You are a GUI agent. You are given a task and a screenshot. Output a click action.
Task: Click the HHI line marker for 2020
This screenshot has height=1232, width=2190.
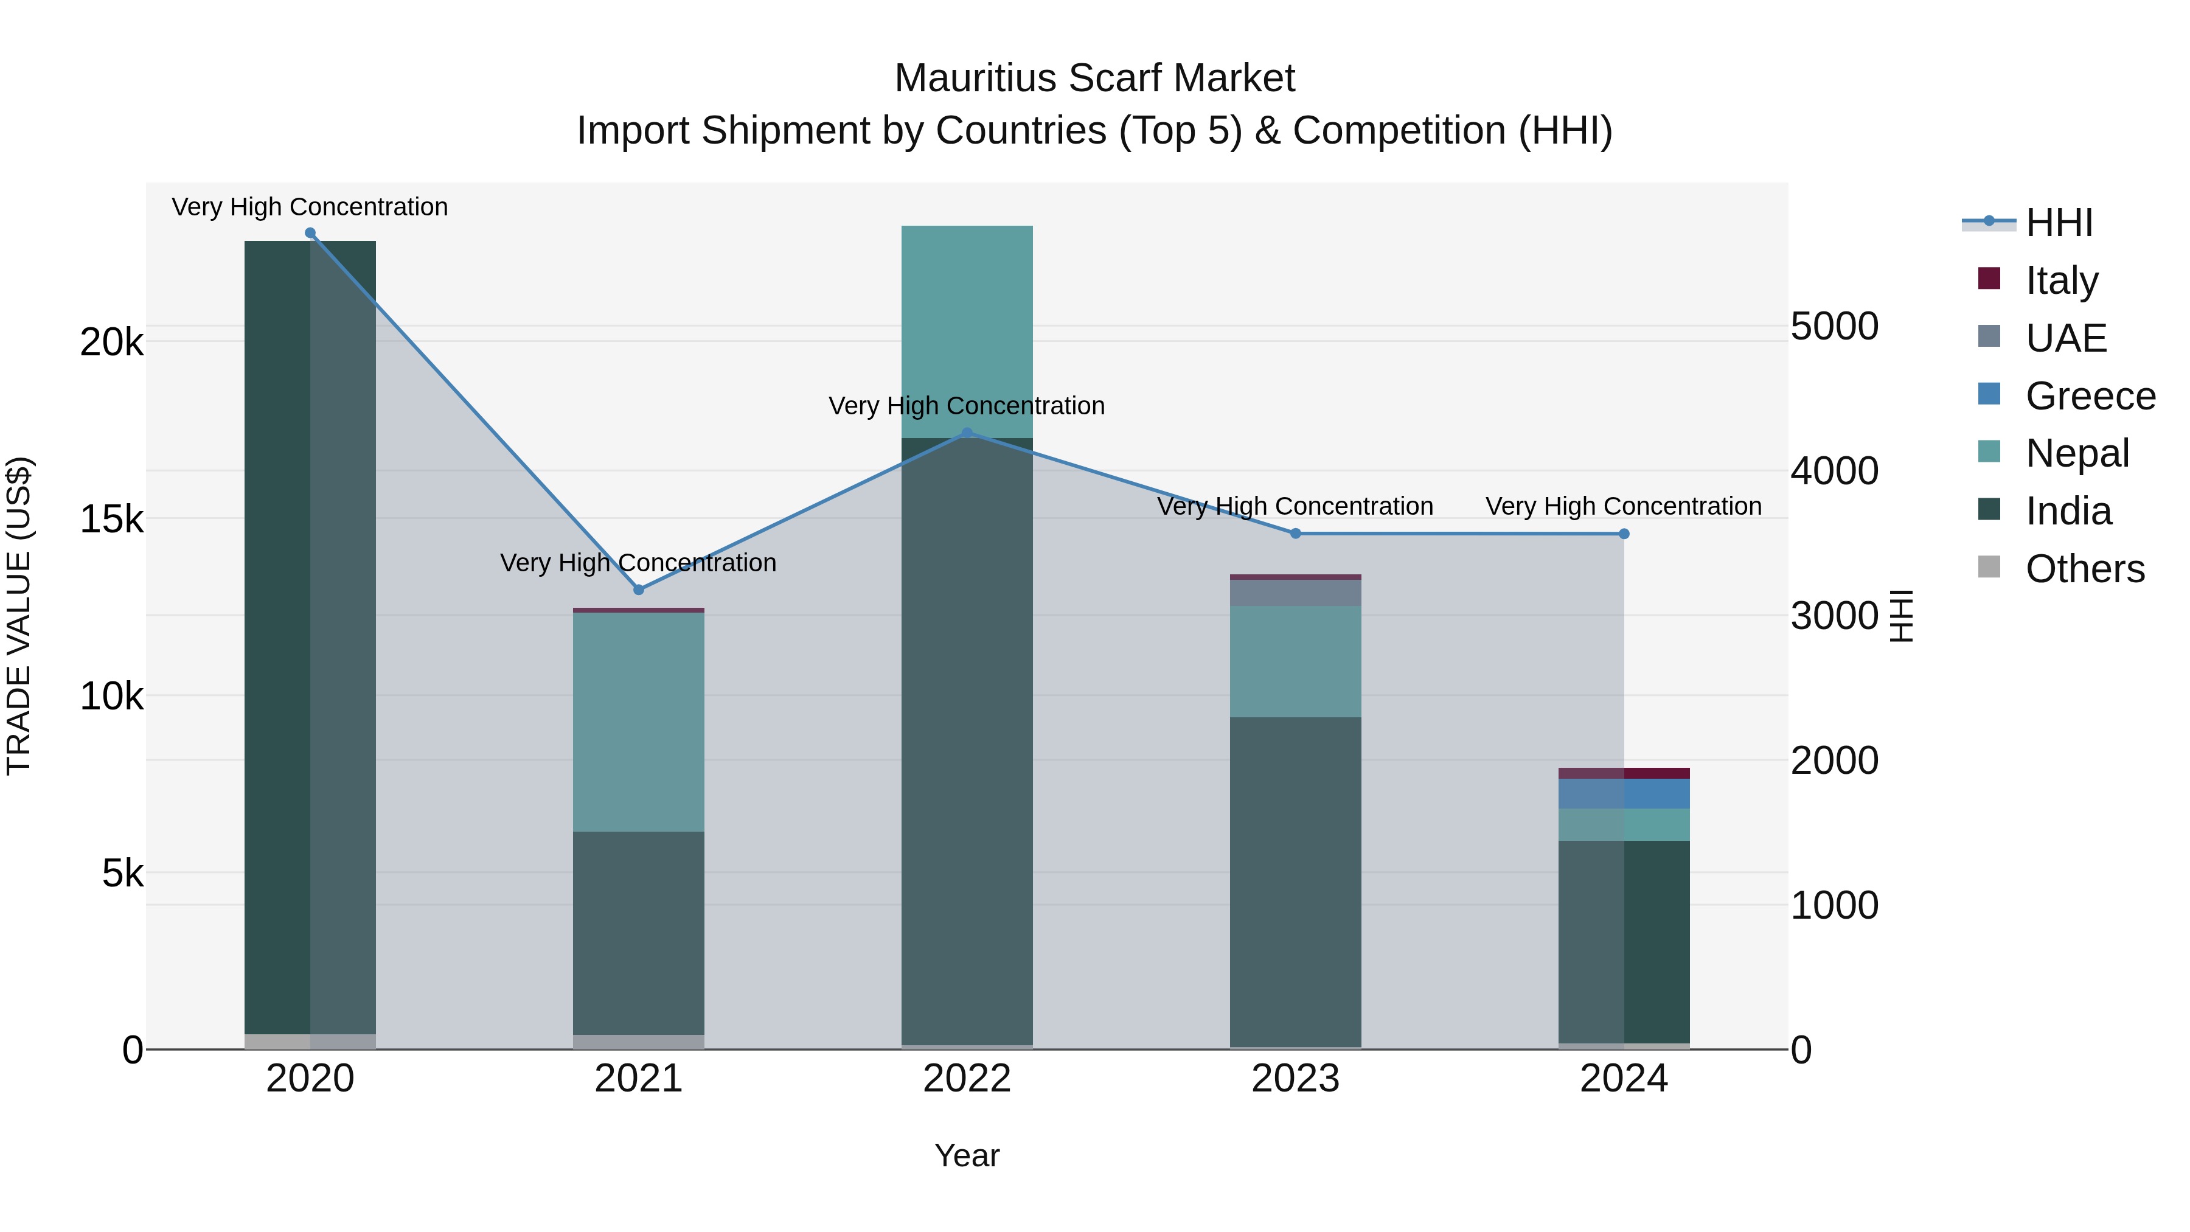(x=310, y=233)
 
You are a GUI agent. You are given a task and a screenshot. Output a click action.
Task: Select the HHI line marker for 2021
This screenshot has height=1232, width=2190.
(x=639, y=589)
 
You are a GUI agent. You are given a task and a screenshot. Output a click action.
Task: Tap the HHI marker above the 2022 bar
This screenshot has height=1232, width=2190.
(x=967, y=433)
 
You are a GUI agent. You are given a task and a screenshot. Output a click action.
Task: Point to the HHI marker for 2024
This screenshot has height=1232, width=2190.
(x=1624, y=534)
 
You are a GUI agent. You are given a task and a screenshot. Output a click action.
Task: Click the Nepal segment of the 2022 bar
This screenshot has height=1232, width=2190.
(x=967, y=332)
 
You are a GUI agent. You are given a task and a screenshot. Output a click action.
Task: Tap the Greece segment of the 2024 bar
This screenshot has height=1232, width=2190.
(x=1624, y=793)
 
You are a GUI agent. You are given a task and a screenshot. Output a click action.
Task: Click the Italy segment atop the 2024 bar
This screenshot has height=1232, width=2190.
(x=1624, y=773)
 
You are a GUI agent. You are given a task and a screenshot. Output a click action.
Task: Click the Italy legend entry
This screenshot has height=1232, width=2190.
(x=2061, y=280)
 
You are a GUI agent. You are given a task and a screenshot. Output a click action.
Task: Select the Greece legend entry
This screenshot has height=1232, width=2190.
(x=2089, y=395)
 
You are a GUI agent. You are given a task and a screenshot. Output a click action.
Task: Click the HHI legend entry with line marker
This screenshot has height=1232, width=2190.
(x=2057, y=223)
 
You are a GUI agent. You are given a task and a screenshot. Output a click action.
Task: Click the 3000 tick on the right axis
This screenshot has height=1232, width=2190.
(x=1834, y=616)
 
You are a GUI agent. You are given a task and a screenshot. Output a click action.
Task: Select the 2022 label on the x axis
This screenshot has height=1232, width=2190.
(x=967, y=1078)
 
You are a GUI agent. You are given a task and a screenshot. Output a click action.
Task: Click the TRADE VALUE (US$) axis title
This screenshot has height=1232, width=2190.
(x=19, y=616)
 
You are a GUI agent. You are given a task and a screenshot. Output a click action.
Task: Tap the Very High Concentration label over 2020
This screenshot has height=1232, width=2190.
(x=310, y=207)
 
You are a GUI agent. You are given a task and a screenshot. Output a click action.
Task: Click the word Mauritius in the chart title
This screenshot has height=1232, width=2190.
(x=975, y=78)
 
